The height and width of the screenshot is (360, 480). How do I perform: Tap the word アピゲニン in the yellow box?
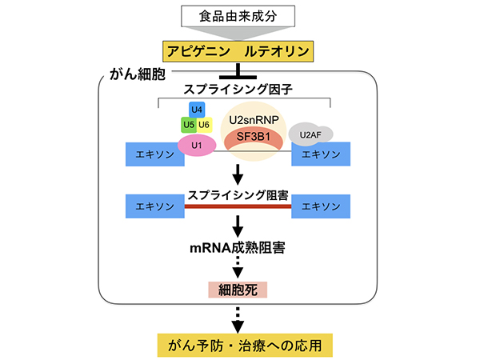coord(202,52)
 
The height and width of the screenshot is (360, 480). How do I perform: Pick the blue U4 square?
coord(196,109)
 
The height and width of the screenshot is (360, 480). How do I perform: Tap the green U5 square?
coord(189,125)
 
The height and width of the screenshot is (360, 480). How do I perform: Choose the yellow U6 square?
coord(204,125)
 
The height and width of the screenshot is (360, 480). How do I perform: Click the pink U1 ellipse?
coord(195,145)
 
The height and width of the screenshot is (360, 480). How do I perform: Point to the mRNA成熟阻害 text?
coord(238,247)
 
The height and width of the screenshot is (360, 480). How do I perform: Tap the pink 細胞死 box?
coord(238,291)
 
